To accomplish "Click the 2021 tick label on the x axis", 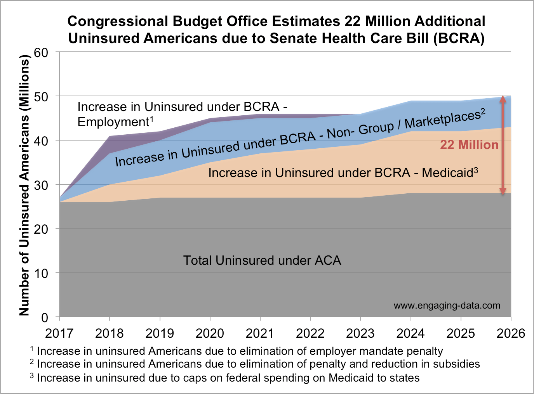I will [260, 333].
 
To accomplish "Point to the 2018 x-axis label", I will [110, 333].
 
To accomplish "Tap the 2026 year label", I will [511, 333].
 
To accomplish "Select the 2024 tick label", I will [411, 333].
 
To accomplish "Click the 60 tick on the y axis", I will [41, 52].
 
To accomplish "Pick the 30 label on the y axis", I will [41, 185].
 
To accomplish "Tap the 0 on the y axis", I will [45, 318].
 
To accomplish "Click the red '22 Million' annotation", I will [469, 145].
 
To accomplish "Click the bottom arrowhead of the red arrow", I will [503, 191].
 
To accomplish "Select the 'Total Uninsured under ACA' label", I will [262, 260].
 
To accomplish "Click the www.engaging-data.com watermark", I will [447, 305].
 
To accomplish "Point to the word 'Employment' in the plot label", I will [113, 122].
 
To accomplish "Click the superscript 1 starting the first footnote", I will [32, 349].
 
